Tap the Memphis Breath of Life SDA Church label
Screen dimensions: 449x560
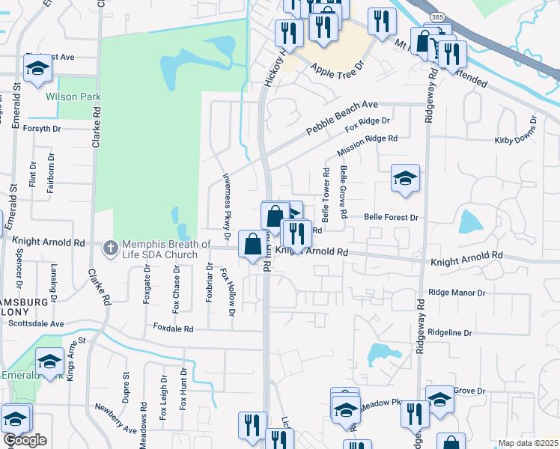point(167,245)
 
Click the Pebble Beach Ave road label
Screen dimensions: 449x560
point(341,118)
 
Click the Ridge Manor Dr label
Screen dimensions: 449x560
point(457,293)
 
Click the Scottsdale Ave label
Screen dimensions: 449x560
point(37,323)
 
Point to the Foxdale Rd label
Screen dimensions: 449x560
point(174,328)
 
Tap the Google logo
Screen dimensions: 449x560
point(25,440)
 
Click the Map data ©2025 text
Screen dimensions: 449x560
point(528,443)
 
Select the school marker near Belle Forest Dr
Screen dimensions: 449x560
point(405,179)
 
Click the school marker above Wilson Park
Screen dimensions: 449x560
point(37,69)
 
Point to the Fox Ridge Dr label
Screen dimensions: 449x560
point(368,124)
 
